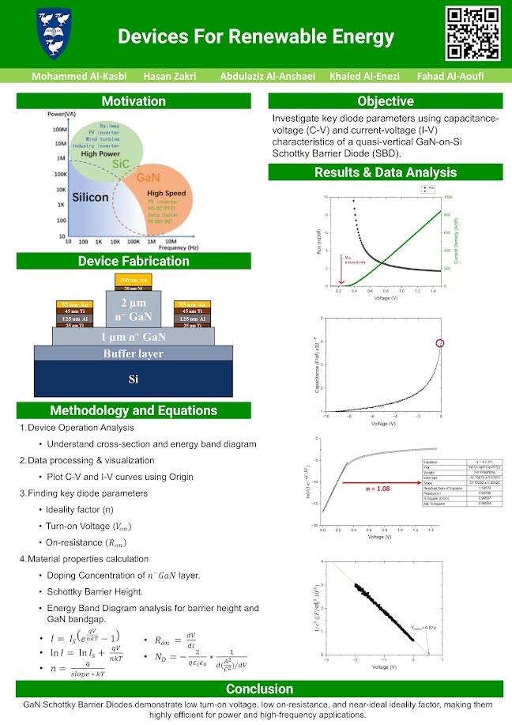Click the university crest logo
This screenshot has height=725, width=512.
click(x=55, y=34)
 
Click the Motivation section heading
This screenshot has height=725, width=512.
click(x=134, y=101)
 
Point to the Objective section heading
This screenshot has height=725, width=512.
click(x=385, y=101)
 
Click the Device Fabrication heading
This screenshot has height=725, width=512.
click(x=134, y=262)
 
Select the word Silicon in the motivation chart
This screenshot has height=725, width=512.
click(x=90, y=197)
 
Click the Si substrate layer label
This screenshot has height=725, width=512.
click(x=134, y=379)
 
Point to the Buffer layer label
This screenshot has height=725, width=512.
click(x=134, y=353)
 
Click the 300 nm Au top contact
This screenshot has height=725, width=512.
click(x=133, y=281)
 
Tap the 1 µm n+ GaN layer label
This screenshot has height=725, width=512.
click(x=134, y=336)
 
